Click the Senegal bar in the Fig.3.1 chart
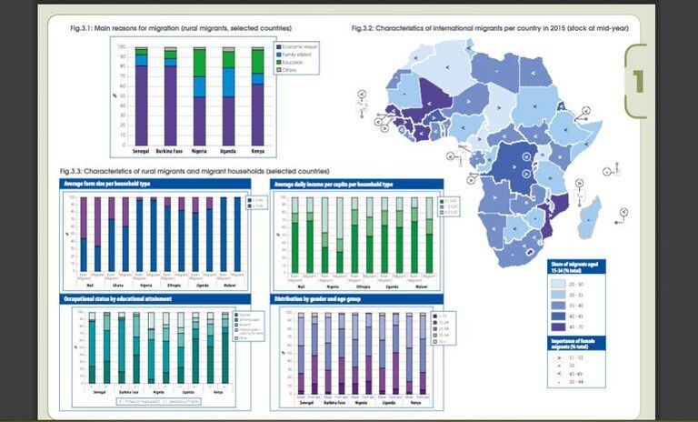click(141, 100)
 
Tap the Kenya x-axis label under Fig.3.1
click(257, 149)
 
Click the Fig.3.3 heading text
click(194, 171)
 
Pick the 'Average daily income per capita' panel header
click(336, 184)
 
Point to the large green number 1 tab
click(638, 82)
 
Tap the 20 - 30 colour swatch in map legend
click(561, 284)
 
